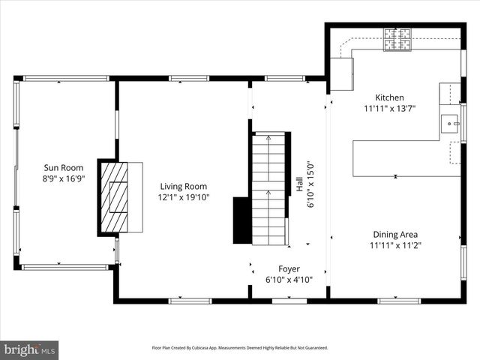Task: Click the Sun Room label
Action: (x=63, y=168)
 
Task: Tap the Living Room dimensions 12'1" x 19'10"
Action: (x=184, y=197)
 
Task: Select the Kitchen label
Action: (x=389, y=97)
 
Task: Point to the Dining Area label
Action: (x=394, y=234)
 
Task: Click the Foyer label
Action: (x=289, y=268)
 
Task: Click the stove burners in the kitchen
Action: (x=397, y=38)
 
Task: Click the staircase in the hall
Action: (x=268, y=187)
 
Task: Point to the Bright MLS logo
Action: (x=29, y=349)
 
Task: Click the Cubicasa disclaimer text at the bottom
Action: (x=239, y=348)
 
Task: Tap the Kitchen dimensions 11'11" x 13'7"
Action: (x=389, y=109)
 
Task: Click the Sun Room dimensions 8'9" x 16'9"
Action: (x=63, y=179)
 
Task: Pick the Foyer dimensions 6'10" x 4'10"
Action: (x=289, y=280)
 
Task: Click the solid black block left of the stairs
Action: (x=241, y=220)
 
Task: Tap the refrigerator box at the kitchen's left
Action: (x=342, y=73)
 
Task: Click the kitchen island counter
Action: (x=395, y=157)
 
